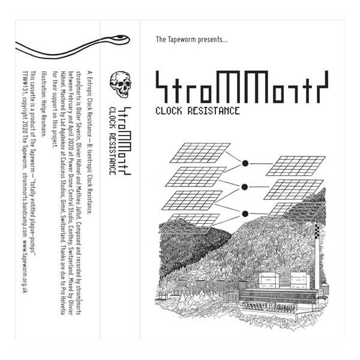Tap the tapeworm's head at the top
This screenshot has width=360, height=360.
[x=124, y=40]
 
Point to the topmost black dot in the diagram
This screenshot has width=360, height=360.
[x=245, y=163]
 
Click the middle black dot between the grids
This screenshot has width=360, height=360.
[x=245, y=187]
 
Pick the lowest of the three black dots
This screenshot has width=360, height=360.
[x=245, y=213]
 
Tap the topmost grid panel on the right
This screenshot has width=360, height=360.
[x=295, y=165]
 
